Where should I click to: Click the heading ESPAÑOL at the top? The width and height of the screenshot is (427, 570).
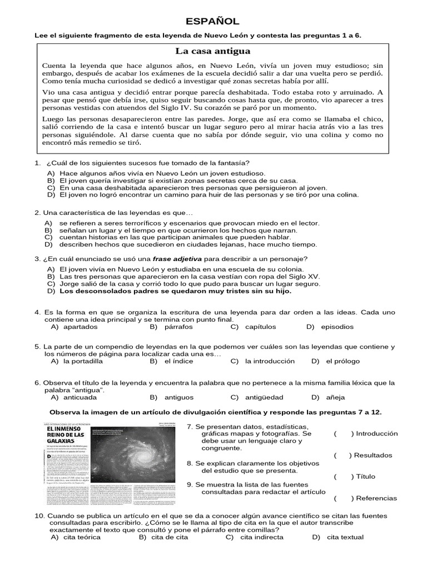coord(212,22)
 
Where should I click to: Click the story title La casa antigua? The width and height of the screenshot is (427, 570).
coord(212,51)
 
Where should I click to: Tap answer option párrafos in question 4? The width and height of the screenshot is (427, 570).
coord(178,327)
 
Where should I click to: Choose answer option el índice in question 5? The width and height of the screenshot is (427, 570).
coord(178,361)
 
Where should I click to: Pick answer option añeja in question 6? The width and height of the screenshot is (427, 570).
coord(336,397)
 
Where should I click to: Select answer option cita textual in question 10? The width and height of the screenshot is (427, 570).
coord(345,537)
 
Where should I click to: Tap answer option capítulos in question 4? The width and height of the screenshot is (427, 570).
coord(260,327)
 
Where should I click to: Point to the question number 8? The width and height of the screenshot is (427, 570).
coord(190,463)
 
